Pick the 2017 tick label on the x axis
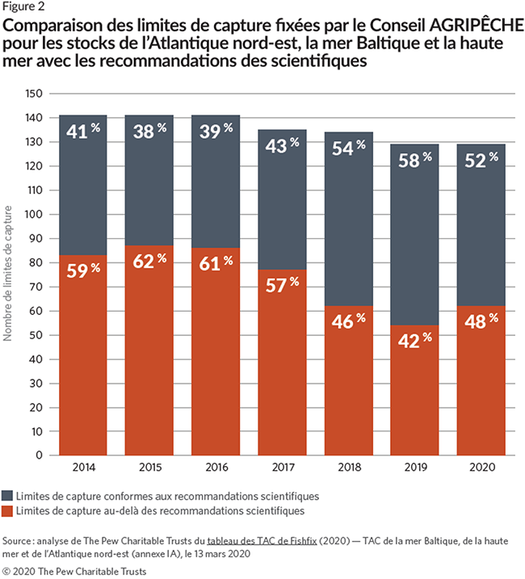coord(283,467)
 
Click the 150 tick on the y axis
coord(34,94)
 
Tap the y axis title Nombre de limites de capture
coord(9,274)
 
